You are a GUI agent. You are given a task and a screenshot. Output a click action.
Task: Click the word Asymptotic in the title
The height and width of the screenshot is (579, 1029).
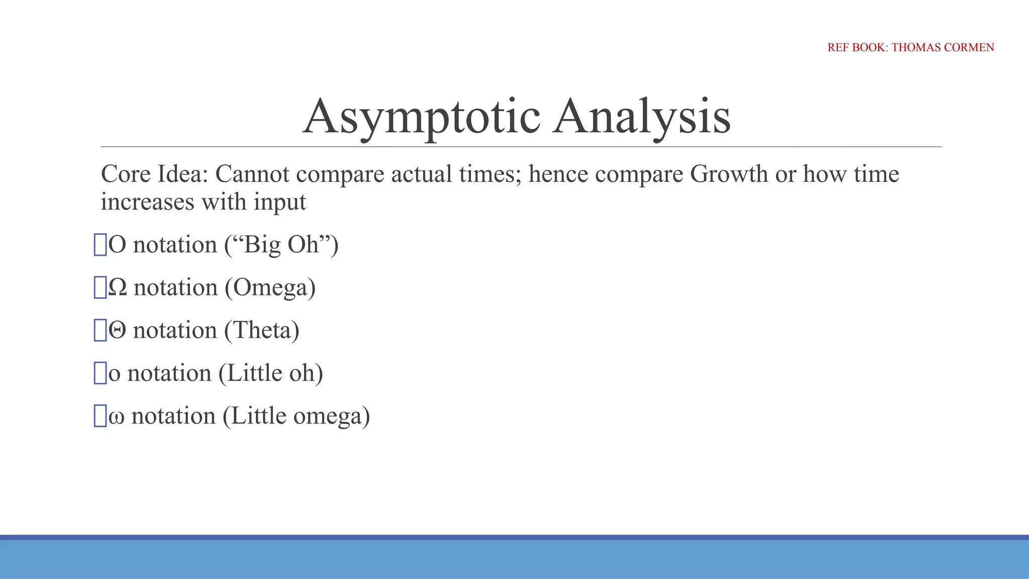422,117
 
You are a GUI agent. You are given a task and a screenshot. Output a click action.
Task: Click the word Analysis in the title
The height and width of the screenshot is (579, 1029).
642,117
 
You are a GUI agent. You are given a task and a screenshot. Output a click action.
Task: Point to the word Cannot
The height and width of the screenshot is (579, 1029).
252,174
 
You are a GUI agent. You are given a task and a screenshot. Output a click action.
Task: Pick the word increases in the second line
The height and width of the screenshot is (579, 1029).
147,202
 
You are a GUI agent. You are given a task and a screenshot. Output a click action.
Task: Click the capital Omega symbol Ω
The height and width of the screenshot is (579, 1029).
118,287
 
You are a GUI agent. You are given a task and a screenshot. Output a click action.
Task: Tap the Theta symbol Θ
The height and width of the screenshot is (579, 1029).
117,331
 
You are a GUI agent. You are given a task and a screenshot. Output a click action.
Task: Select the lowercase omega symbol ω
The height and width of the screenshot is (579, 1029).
116,417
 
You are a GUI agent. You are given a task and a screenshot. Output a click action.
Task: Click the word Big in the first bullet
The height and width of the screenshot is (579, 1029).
262,245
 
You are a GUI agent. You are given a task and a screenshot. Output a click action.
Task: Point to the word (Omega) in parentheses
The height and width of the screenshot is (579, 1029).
270,288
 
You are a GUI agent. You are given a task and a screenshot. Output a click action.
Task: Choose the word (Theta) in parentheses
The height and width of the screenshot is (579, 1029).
262,331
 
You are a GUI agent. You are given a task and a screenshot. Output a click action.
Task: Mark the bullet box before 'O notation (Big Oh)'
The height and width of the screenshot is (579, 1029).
100,245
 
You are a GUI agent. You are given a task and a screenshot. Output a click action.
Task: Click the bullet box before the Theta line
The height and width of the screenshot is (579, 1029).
100,330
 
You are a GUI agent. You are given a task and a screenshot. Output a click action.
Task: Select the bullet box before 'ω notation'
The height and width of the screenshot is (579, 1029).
100,416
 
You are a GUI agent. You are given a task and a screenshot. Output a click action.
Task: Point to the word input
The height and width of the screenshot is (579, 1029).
280,202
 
